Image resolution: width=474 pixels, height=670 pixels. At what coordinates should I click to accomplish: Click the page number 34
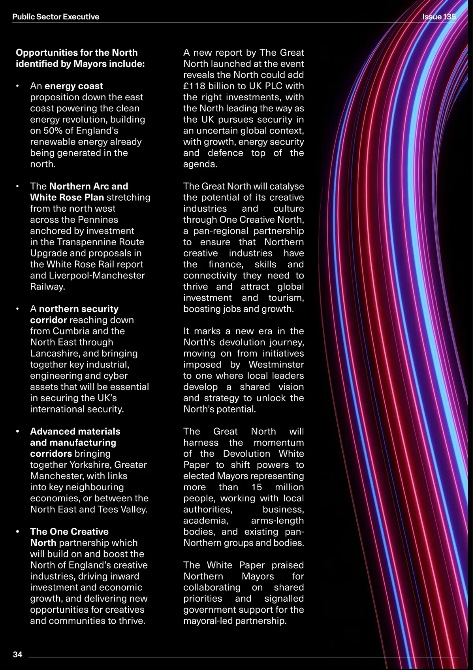coord(18,655)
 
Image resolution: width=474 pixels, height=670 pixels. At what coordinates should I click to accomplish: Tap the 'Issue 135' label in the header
coord(439,17)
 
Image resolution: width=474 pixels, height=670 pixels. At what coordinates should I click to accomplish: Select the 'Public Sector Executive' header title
coord(56,17)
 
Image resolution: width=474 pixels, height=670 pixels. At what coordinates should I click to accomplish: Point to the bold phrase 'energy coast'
coord(73,86)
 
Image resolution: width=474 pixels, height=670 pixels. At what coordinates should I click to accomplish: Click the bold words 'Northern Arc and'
coord(88,186)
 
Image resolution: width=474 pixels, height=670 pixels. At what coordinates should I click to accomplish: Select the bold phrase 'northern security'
coord(79,309)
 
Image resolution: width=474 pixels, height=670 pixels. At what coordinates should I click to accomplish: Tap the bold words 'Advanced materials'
coord(75,431)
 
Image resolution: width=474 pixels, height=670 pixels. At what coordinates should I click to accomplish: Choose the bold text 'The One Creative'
coord(69,532)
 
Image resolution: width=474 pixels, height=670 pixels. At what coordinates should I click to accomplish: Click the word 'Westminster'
coord(276,365)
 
